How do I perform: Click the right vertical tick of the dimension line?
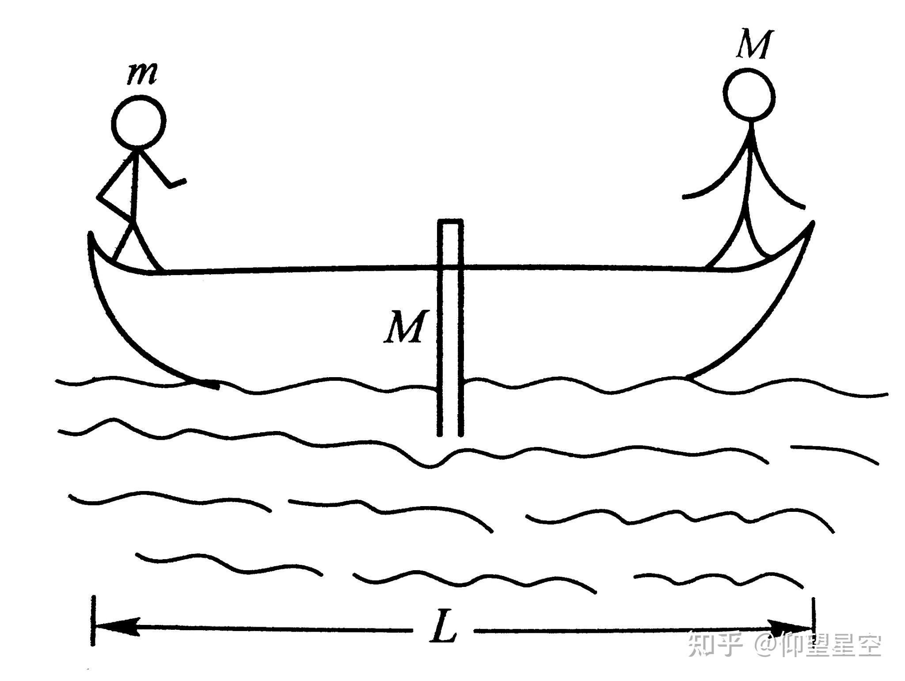813,622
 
